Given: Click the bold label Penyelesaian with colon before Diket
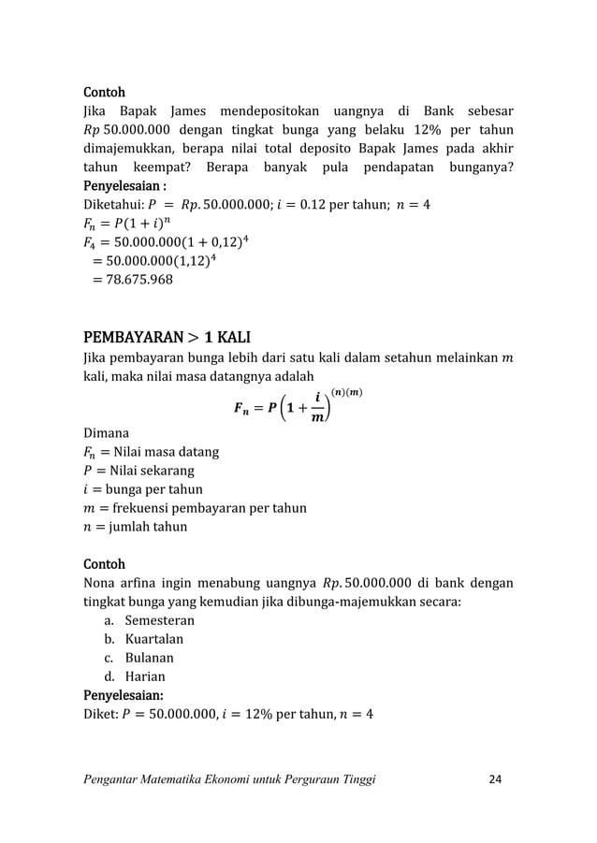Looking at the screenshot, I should (x=124, y=695).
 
